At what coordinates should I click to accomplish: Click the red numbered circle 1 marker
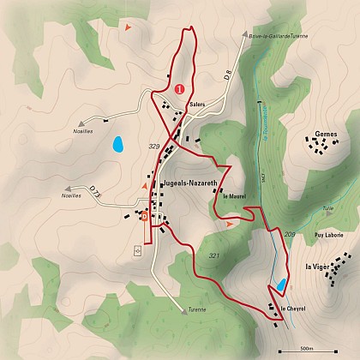coord(179,87)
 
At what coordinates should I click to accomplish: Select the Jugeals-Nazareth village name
coord(188,183)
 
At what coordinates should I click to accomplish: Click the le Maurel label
coord(234,196)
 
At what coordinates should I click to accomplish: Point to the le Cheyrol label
coord(293,308)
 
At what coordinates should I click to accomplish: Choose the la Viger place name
coord(318,267)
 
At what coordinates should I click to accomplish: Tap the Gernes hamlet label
coord(326,134)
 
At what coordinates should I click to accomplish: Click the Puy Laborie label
coord(328,234)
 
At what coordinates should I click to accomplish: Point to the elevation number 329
coord(154,147)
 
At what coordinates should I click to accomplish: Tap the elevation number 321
coord(213,256)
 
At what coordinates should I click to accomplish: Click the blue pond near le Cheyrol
coord(279,285)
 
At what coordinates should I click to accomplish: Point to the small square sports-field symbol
coord(137,251)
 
